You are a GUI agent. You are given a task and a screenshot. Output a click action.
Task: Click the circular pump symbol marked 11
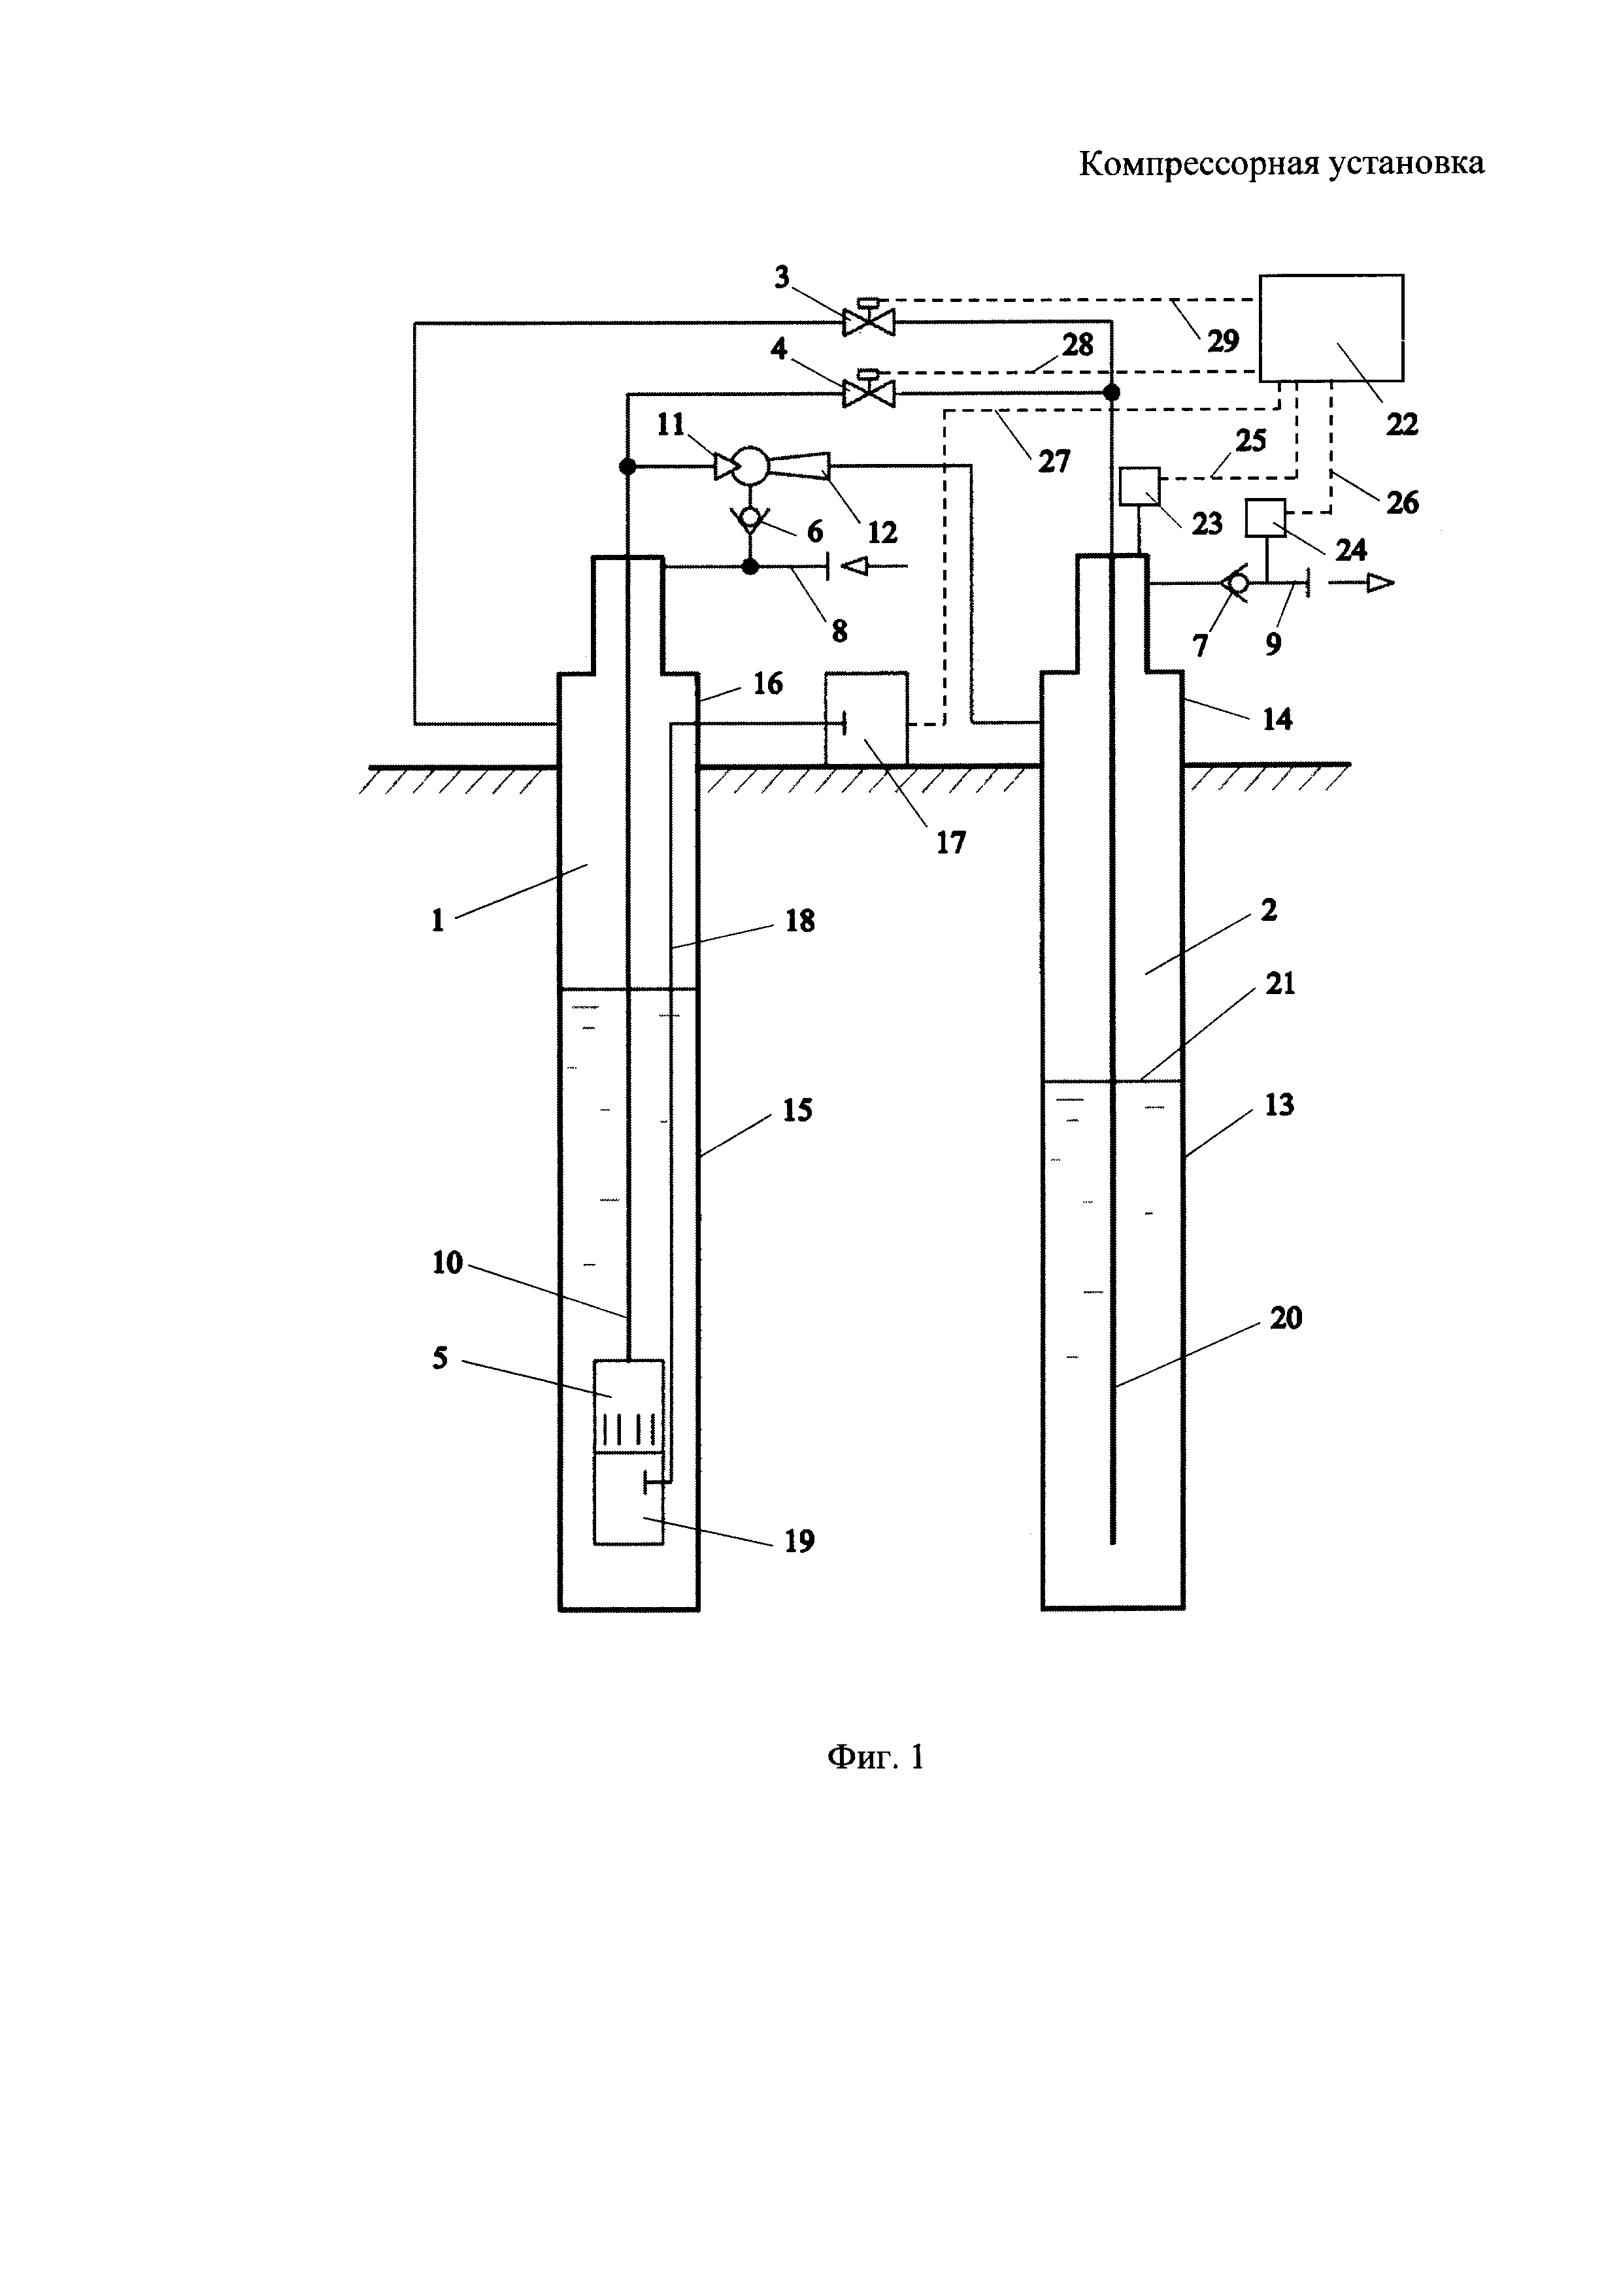pyautogui.click(x=748, y=465)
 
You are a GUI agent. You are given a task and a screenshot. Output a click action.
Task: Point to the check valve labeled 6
pyautogui.click(x=750, y=518)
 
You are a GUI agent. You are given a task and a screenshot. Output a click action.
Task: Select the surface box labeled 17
pyautogui.click(x=867, y=719)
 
